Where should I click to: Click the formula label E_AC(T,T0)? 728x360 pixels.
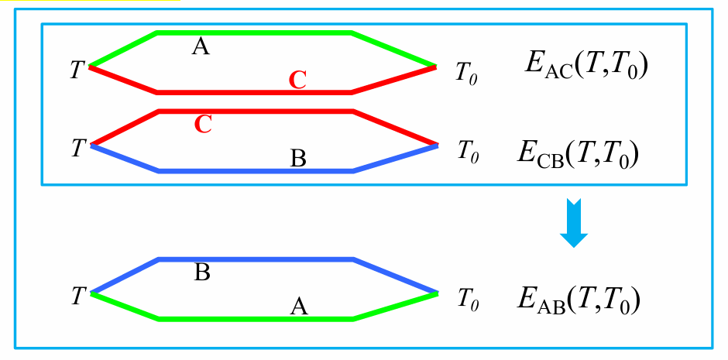585,67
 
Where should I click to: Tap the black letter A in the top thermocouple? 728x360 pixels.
201,48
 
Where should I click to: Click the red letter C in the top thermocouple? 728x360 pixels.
298,79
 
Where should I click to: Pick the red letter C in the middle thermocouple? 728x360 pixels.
203,125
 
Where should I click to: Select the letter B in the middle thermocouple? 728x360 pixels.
298,159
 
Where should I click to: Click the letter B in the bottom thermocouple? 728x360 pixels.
201,273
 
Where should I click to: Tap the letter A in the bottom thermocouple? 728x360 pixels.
299,307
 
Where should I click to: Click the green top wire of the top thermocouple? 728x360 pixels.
256,33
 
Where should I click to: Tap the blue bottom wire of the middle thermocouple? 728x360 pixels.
256,171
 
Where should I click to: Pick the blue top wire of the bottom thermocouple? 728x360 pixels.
256,259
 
